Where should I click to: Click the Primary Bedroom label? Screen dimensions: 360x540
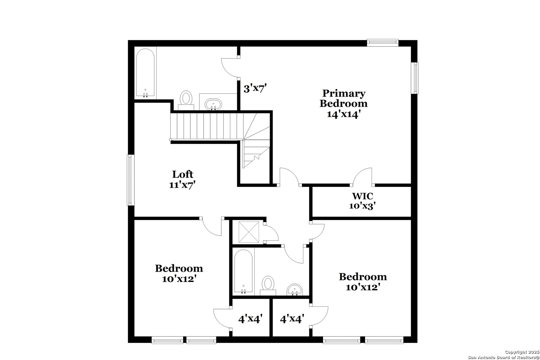click(x=343, y=98)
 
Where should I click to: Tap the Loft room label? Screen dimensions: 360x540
click(x=183, y=174)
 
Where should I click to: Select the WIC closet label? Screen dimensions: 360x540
click(x=363, y=196)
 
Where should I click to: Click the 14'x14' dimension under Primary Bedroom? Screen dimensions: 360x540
click(x=343, y=114)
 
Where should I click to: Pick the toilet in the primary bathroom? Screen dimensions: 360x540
click(x=186, y=99)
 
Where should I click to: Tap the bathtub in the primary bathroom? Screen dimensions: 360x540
click(x=145, y=73)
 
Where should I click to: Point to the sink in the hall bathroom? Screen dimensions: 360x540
click(x=295, y=289)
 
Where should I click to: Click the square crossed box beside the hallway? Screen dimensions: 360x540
click(x=249, y=232)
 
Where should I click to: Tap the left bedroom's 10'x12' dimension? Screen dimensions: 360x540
click(x=179, y=279)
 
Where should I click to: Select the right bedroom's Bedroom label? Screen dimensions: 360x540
click(x=363, y=277)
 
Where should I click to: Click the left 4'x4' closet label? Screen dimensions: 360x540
click(x=250, y=319)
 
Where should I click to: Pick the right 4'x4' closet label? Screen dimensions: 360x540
click(x=292, y=319)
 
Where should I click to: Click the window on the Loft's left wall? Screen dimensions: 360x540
click(x=131, y=180)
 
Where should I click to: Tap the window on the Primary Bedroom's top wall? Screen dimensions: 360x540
click(x=383, y=42)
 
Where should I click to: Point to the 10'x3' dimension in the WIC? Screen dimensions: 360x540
click(x=363, y=206)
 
